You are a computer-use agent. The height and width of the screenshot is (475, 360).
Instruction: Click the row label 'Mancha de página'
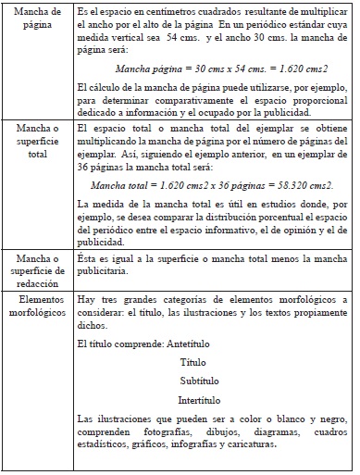pos(36,19)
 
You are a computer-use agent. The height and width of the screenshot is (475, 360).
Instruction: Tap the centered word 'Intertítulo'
pos(205,401)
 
